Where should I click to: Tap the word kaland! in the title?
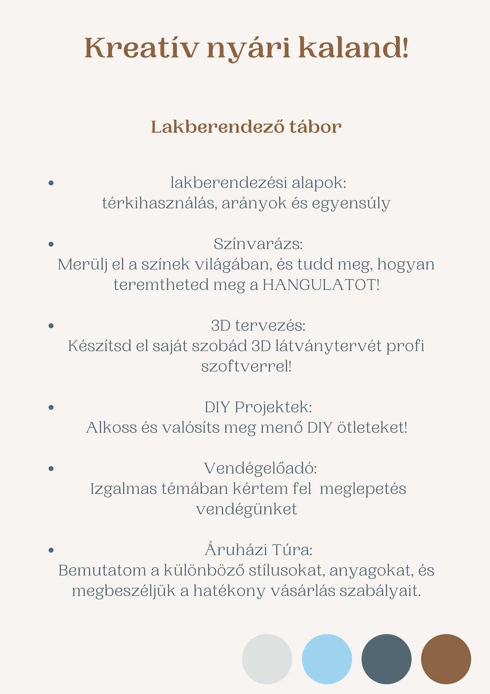[353, 48]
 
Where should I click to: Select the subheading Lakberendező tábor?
[246, 127]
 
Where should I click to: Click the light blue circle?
[327, 659]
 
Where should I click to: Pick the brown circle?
[446, 659]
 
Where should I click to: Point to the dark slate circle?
[386, 659]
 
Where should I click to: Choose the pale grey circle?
[267, 659]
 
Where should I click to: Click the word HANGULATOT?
[321, 285]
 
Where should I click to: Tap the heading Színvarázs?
[258, 244]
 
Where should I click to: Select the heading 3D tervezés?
[258, 325]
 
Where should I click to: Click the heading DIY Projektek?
[258, 407]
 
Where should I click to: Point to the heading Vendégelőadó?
[260, 468]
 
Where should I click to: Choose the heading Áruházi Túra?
[259, 550]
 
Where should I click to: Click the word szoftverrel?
[246, 366]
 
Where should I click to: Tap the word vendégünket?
[246, 509]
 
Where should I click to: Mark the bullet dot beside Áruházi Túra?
[51, 550]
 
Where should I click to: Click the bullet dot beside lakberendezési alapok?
[51, 183]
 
